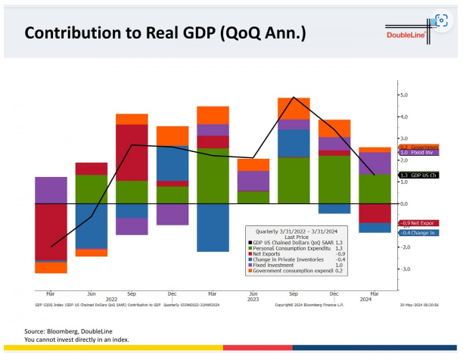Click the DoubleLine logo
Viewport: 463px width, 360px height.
(406, 35)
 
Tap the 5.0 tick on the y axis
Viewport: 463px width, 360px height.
(404, 95)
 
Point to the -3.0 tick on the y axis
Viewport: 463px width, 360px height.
(404, 268)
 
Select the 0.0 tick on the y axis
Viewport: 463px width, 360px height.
(404, 203)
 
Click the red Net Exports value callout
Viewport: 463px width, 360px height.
(418, 223)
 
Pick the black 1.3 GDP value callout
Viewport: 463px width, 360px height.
(418, 175)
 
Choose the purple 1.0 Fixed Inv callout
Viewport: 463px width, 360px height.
(418, 153)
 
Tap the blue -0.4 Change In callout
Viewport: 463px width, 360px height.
(418, 233)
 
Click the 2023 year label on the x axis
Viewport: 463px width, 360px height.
(253, 299)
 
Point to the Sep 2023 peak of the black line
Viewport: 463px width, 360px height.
(294, 98)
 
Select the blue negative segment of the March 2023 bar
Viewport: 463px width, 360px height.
(213, 227)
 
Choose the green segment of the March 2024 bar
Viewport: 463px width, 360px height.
(374, 188)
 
